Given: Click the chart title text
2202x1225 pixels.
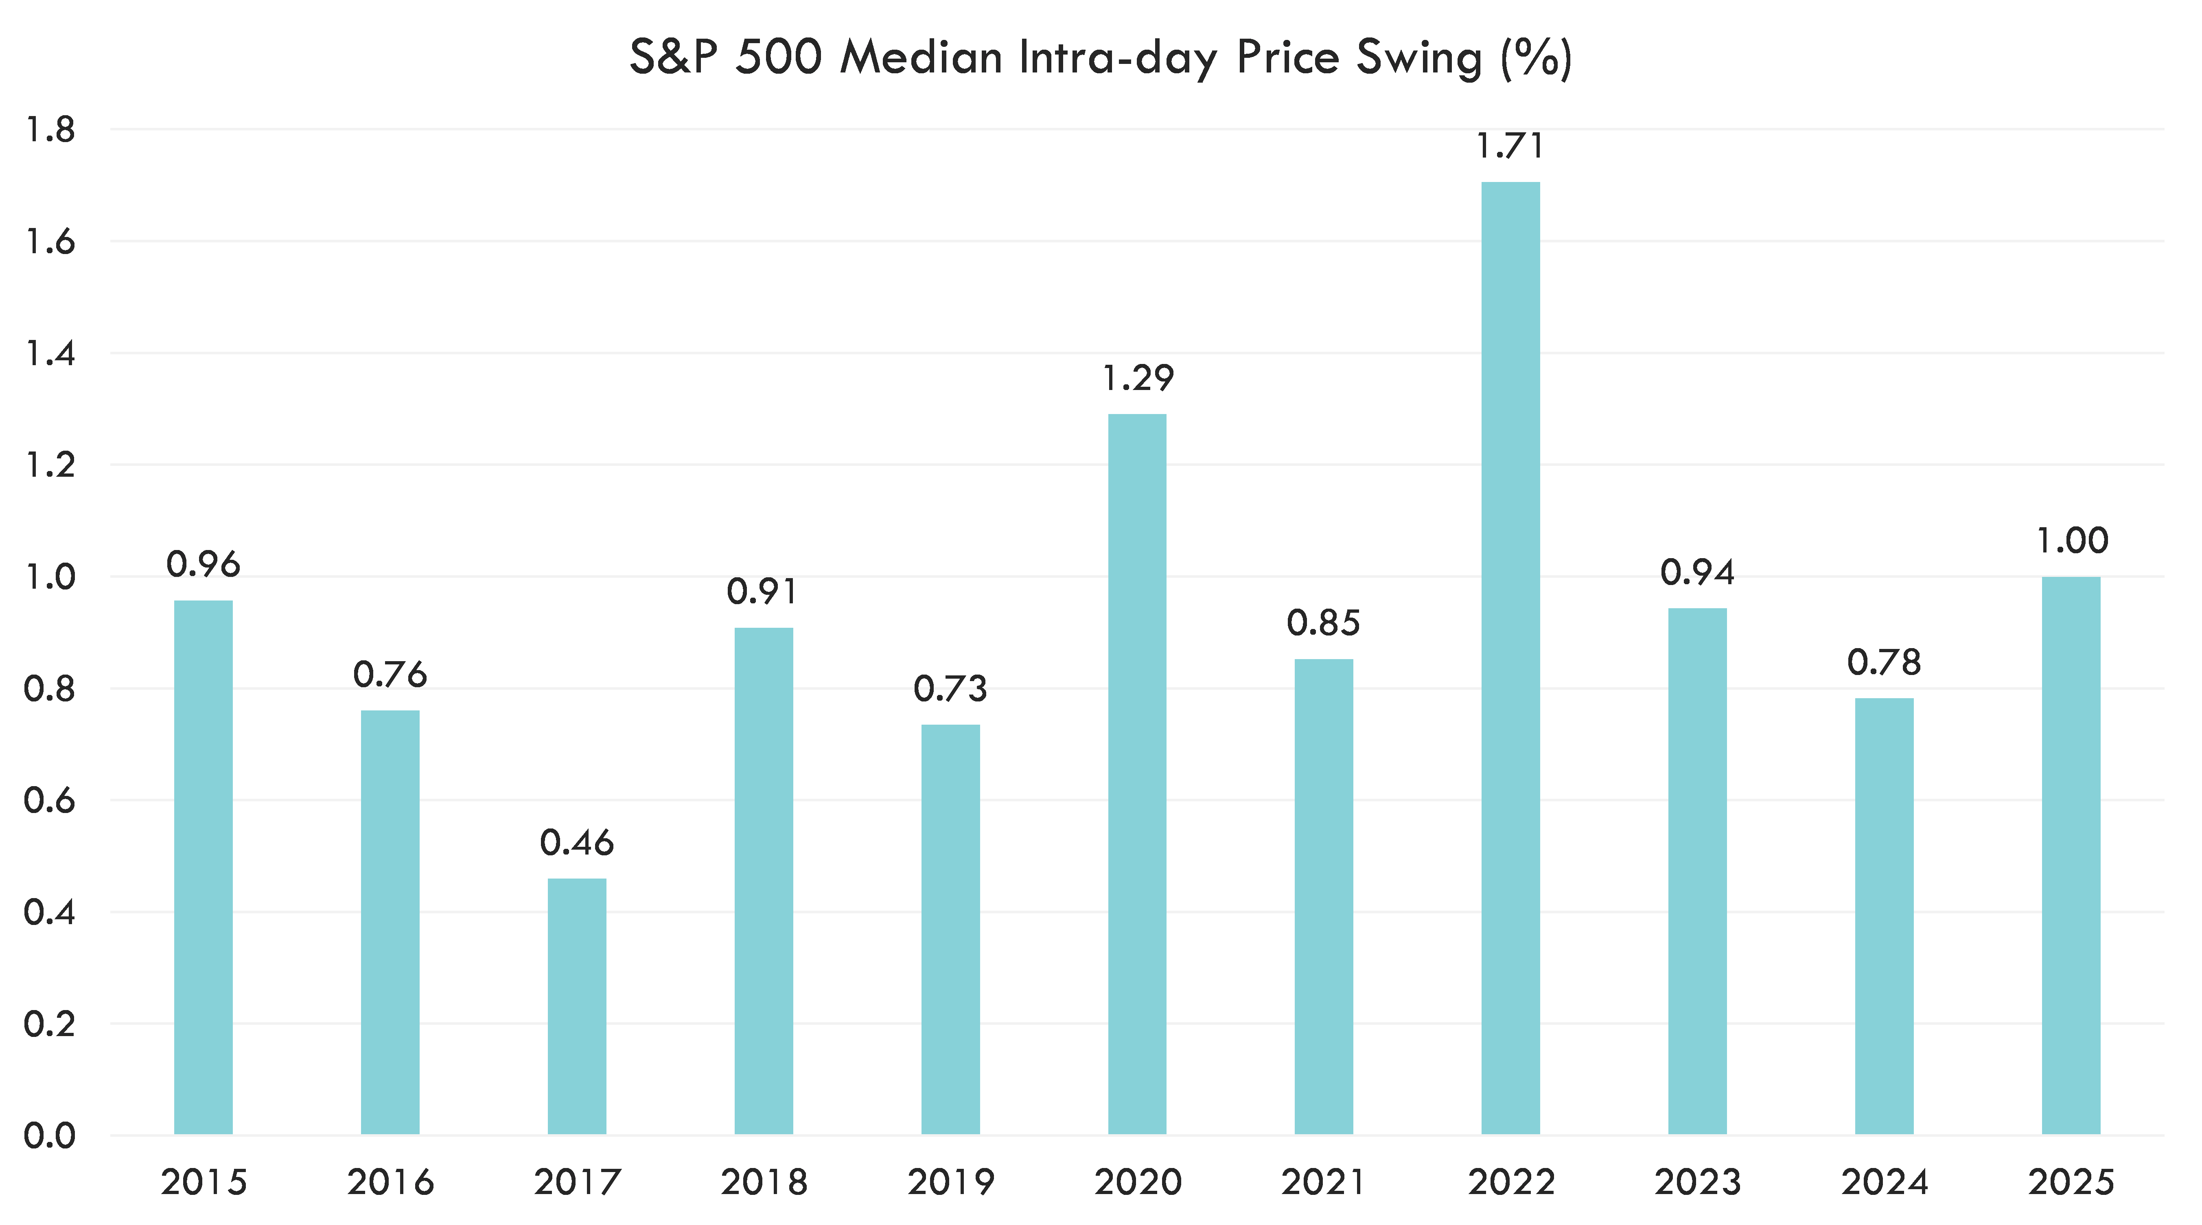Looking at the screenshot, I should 1100,58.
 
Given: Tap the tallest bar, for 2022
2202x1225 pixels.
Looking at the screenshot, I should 1510,658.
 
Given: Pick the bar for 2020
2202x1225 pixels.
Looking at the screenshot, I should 1137,774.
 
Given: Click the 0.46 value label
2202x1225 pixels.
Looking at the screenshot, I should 577,843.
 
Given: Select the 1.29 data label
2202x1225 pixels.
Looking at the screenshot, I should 1137,378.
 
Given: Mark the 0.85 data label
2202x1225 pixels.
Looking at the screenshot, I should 1323,623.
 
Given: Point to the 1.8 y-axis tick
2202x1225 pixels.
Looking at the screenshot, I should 50,130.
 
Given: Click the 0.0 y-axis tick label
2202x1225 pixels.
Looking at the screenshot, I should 50,1135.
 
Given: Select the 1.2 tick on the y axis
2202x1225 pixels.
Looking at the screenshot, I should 50,465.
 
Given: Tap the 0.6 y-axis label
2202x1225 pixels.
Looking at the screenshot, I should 50,800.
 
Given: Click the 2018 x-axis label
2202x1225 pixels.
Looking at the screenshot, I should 763,1182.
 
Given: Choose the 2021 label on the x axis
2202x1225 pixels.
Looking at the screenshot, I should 1323,1182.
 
